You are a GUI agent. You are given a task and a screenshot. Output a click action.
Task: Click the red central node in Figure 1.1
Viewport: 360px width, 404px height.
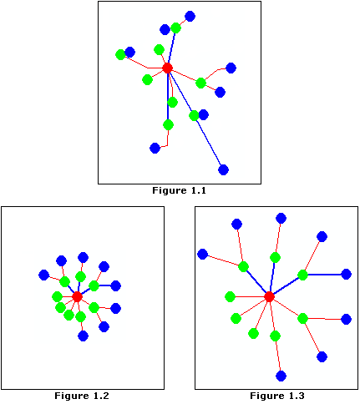coord(167,68)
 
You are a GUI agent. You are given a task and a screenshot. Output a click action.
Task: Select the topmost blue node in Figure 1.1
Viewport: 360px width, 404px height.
coord(190,17)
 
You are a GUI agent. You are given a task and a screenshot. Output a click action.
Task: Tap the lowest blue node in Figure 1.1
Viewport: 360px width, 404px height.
coord(223,169)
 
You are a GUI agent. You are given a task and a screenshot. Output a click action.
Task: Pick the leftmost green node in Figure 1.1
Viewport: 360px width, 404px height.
coord(120,54)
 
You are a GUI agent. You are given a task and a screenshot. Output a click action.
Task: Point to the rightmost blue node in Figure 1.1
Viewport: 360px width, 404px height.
coord(231,68)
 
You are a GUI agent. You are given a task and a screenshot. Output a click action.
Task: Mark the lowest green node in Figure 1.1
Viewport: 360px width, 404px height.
coord(168,124)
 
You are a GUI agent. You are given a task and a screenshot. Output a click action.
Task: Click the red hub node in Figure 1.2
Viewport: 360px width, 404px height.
coord(77,296)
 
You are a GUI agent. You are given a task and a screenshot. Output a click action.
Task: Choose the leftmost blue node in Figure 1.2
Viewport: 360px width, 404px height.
coord(43,275)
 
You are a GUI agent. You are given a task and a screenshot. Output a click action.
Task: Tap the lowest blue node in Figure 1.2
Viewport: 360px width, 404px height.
coord(83,336)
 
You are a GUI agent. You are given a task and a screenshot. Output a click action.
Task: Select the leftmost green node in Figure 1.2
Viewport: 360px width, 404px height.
coord(57,296)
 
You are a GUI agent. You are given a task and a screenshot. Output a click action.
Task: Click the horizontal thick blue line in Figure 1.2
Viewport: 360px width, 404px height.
coord(104,285)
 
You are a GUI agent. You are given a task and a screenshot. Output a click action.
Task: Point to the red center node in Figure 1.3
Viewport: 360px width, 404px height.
coord(269,296)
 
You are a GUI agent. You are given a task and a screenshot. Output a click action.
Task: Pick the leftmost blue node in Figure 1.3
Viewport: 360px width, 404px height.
coord(202,254)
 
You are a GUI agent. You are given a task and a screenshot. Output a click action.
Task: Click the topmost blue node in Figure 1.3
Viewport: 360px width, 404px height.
coord(281,219)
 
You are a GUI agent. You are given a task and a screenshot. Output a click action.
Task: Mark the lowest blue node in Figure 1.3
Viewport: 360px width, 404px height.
coord(281,376)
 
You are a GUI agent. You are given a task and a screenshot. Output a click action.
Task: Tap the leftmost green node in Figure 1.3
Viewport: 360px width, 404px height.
coord(230,296)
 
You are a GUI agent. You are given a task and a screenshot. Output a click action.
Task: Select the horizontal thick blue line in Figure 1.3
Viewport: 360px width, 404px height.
coord(324,275)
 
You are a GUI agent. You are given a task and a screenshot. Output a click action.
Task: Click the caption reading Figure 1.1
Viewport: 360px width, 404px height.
coord(179,190)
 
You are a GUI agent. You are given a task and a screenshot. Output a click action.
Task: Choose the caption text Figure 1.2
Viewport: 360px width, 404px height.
coord(82,396)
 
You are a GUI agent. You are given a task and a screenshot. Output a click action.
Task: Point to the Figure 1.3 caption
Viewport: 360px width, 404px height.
coord(277,396)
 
